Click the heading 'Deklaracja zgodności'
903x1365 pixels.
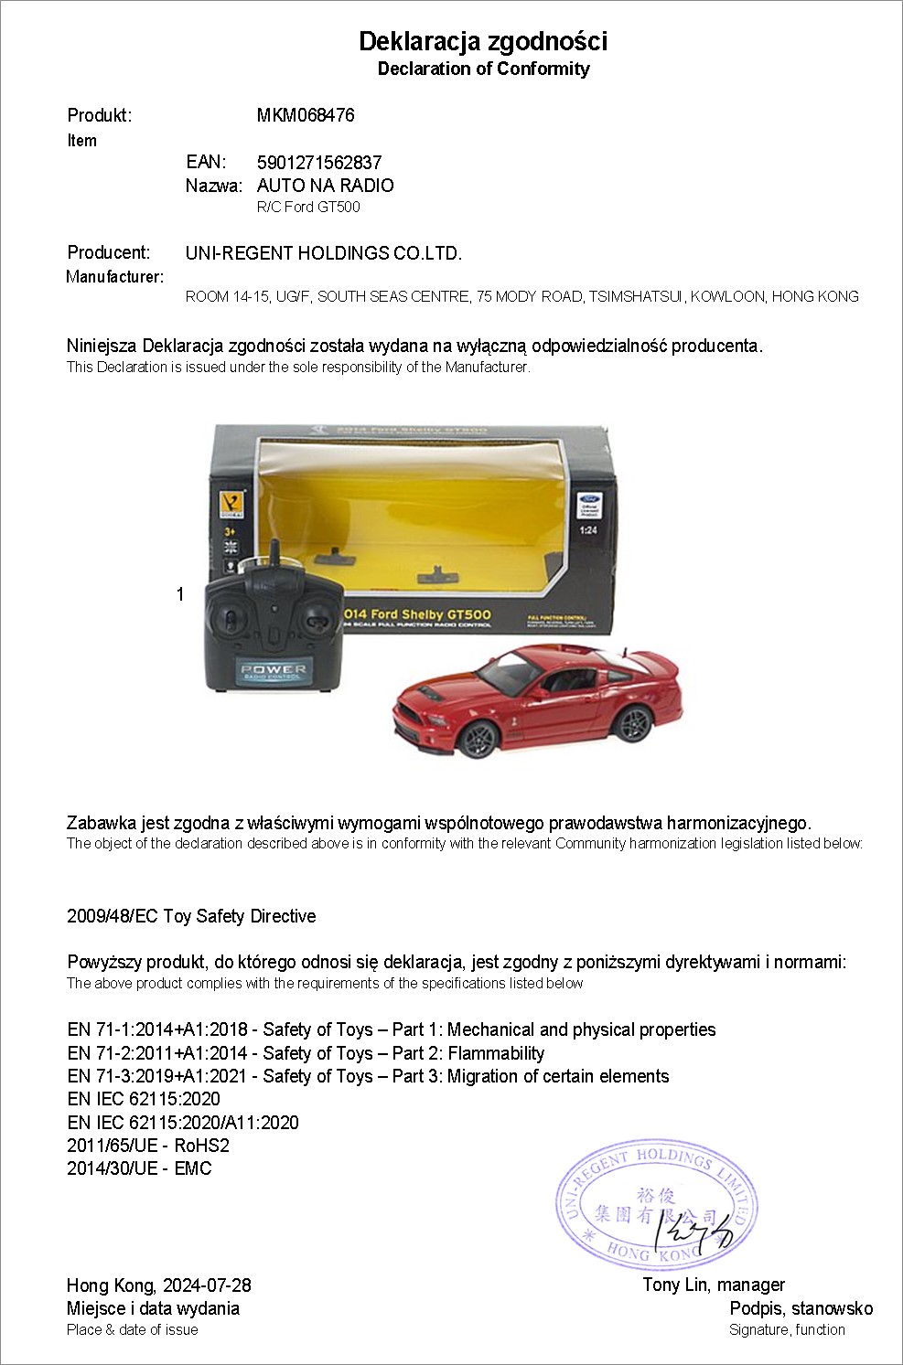(482, 41)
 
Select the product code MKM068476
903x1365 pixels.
(306, 115)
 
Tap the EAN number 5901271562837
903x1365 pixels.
(319, 163)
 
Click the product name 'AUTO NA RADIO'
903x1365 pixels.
(325, 186)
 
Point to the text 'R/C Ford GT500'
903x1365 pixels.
(308, 207)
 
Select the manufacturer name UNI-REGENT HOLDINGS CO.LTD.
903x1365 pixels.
(324, 253)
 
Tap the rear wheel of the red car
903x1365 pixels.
(630, 723)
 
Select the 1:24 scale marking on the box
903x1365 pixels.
(587, 530)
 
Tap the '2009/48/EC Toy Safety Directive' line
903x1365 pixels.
(191, 916)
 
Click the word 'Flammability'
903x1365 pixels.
(496, 1053)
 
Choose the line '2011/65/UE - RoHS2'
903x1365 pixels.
(148, 1146)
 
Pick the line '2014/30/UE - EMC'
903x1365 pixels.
(139, 1168)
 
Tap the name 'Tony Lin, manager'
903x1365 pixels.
(714, 1285)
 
